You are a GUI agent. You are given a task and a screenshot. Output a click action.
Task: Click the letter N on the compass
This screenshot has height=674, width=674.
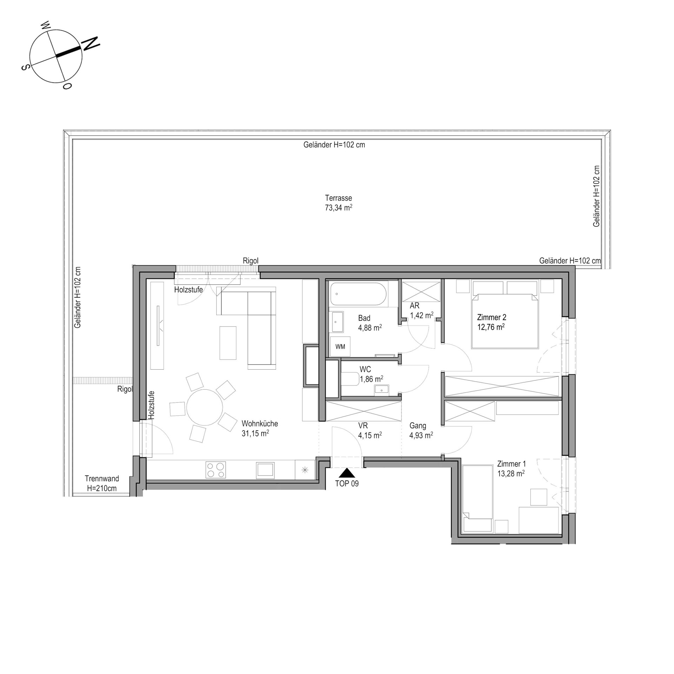(x=91, y=43)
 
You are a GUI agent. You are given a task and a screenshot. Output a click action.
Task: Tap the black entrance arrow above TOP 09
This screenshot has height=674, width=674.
(x=347, y=473)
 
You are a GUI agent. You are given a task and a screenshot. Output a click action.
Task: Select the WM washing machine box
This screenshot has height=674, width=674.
(x=340, y=347)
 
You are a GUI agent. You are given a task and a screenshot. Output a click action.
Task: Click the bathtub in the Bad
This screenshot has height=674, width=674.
(x=358, y=294)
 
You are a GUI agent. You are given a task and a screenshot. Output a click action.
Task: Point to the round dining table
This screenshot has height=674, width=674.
(x=205, y=408)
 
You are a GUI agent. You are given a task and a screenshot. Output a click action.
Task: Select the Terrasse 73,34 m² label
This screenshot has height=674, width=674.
(x=338, y=203)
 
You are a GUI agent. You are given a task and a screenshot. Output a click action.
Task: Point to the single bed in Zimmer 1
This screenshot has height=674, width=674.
(x=477, y=498)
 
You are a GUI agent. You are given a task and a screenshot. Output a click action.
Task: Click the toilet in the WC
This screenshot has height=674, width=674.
(x=350, y=379)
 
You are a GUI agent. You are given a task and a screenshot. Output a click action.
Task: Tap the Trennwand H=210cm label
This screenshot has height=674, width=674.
(x=101, y=483)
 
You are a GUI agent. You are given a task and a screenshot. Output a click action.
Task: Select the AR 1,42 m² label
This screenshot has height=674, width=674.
(x=421, y=311)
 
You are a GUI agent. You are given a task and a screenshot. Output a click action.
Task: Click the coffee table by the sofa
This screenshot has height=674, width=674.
(x=228, y=343)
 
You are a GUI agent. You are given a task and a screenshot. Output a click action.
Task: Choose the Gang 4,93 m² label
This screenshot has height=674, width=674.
(x=421, y=430)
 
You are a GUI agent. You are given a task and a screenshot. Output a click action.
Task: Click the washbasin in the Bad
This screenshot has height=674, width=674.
(x=338, y=322)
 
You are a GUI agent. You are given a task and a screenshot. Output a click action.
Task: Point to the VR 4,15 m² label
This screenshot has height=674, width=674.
(x=370, y=430)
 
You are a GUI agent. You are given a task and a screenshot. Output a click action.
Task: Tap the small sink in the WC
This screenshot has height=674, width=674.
(x=382, y=389)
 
